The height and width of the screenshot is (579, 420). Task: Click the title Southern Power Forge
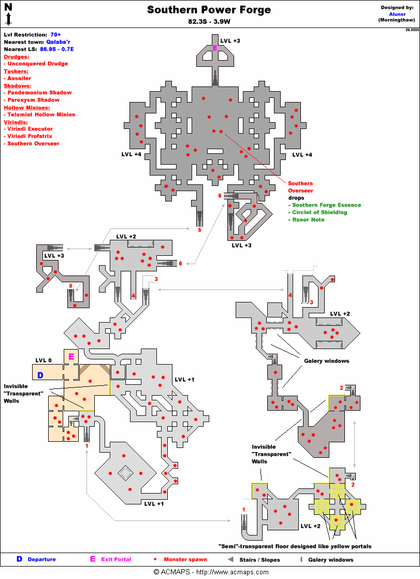pyautogui.click(x=209, y=10)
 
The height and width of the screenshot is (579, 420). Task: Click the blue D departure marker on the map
pyautogui.click(x=40, y=374)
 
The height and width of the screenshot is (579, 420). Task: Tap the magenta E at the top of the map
pyautogui.click(x=215, y=48)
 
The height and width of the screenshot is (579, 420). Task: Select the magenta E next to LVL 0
pyautogui.click(x=71, y=356)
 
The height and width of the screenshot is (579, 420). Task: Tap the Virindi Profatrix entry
pyautogui.click(x=33, y=136)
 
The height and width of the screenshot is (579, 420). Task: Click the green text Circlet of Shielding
pyautogui.click(x=320, y=212)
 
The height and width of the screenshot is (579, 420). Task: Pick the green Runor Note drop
pyautogui.click(x=308, y=220)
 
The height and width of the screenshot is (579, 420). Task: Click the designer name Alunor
pyautogui.click(x=397, y=14)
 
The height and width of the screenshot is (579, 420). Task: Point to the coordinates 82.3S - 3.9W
pyautogui.click(x=209, y=22)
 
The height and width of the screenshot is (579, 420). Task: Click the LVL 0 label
pyautogui.click(x=44, y=360)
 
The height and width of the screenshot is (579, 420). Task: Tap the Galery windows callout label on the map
pyautogui.click(x=326, y=361)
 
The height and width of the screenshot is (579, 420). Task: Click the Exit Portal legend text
pyautogui.click(x=115, y=559)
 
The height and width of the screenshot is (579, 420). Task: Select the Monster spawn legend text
pyautogui.click(x=185, y=559)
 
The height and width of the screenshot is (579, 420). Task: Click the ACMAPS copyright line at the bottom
pyautogui.click(x=210, y=572)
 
